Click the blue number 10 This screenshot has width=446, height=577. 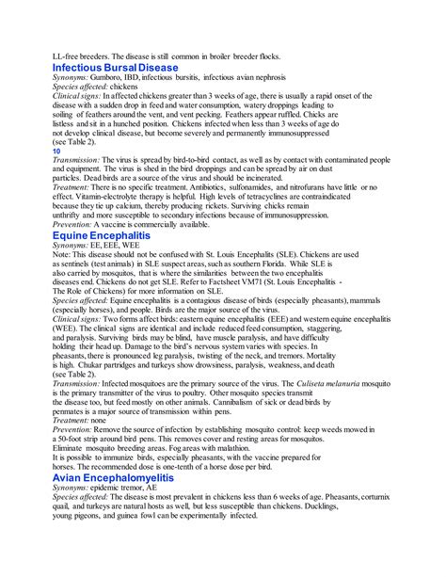pos(56,151)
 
